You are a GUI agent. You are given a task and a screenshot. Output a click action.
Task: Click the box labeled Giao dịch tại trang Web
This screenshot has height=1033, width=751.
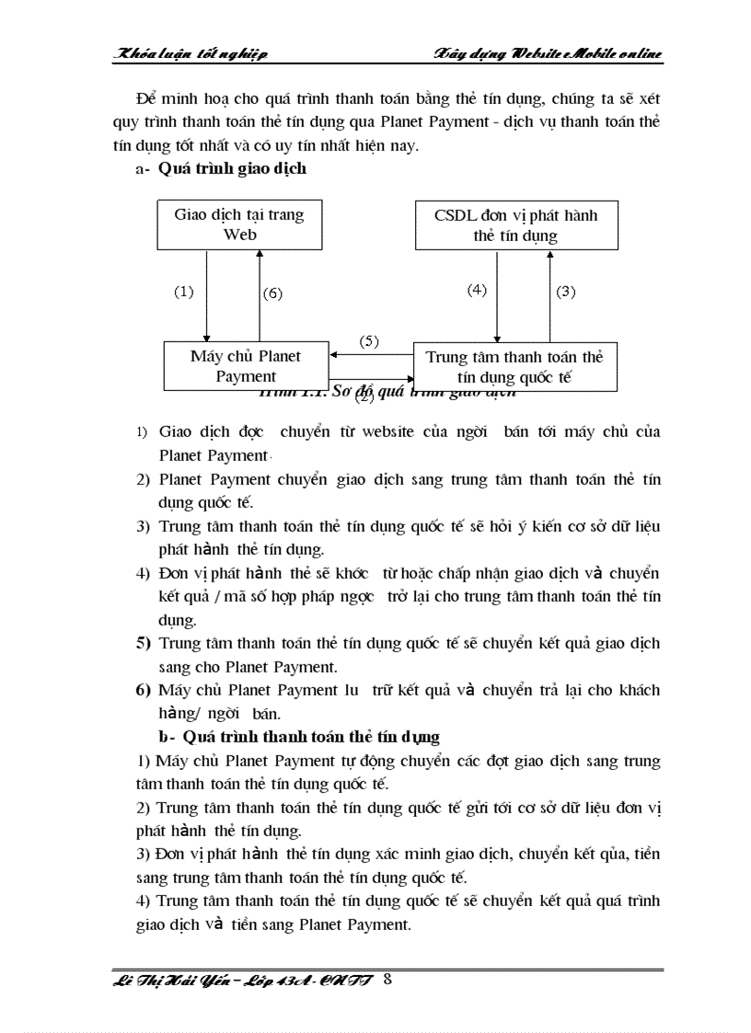click(239, 224)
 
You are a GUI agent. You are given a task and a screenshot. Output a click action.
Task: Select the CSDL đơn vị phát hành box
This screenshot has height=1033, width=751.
click(515, 224)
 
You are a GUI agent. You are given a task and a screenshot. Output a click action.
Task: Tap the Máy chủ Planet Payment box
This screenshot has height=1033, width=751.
click(246, 365)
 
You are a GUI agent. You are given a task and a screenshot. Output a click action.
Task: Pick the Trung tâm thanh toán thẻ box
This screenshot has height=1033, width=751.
click(514, 366)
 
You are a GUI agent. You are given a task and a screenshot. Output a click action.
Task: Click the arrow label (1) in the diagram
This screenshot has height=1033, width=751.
click(184, 292)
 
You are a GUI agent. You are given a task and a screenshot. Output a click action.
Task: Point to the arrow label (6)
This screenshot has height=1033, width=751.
click(272, 293)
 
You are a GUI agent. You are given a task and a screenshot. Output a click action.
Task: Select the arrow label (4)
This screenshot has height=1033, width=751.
click(476, 289)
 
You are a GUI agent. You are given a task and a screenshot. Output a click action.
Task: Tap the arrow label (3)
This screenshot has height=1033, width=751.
click(565, 292)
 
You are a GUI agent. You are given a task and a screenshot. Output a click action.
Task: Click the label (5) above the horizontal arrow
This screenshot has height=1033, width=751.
click(369, 340)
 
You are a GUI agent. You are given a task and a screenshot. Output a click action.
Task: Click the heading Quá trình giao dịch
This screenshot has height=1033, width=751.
click(232, 168)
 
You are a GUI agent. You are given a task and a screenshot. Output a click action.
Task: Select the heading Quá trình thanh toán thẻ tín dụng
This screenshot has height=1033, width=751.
click(311, 737)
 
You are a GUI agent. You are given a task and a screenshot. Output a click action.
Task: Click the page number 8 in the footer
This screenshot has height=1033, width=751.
click(387, 979)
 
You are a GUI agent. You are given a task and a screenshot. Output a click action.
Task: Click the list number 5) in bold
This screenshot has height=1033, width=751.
click(144, 642)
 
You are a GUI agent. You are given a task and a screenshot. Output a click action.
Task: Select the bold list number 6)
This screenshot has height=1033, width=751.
click(144, 689)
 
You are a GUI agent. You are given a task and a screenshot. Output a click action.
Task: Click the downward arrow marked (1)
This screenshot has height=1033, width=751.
click(207, 295)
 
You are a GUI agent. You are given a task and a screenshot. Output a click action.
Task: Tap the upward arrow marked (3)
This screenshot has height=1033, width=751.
click(549, 295)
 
